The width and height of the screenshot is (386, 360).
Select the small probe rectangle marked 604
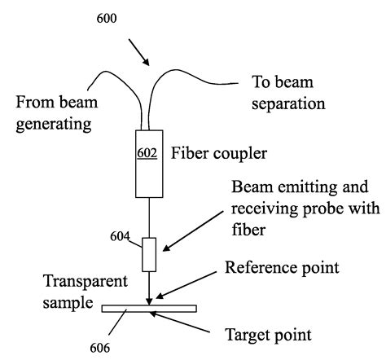(x=149, y=254)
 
